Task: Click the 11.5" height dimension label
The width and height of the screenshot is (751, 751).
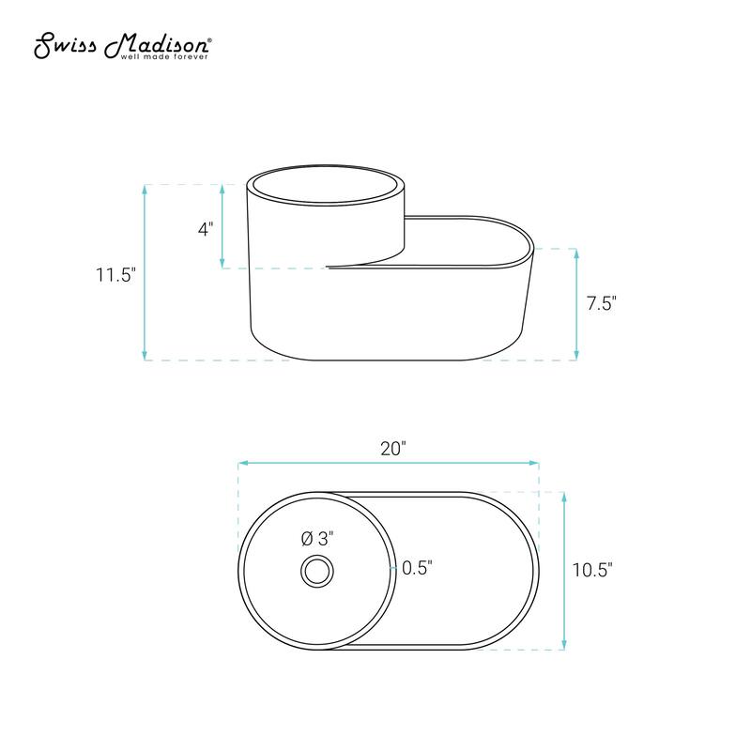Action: coord(115,275)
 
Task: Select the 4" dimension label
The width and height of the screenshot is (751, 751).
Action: coord(206,228)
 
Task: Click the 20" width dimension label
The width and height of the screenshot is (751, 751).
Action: coord(391,448)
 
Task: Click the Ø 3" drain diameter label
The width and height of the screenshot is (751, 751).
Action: coord(317,539)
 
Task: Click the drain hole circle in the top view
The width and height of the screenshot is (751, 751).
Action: coord(317,570)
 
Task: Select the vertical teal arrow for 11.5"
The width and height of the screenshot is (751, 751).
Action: coord(145,272)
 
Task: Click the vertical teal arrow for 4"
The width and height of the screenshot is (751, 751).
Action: coord(222,226)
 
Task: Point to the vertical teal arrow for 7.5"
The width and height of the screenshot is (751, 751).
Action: coord(575,304)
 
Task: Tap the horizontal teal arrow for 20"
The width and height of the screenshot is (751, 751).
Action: coord(389,463)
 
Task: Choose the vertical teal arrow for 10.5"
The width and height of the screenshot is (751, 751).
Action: coord(563,570)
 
